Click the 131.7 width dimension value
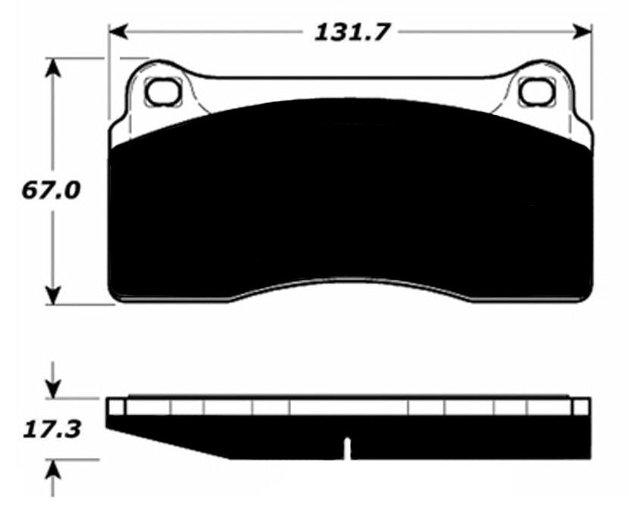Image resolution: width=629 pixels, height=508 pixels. (349, 33)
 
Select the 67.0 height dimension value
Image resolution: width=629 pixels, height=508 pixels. (50, 190)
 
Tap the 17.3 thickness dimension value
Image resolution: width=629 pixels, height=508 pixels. (50, 431)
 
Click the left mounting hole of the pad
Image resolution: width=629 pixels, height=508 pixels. (161, 92)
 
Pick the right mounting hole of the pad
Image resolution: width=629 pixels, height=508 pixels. (534, 92)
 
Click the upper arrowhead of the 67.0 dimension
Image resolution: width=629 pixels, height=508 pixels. (52, 67)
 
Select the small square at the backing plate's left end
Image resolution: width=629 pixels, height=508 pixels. (115, 408)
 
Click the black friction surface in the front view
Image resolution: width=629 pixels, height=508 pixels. (349, 197)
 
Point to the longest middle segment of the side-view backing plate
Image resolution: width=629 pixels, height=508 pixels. (349, 408)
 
